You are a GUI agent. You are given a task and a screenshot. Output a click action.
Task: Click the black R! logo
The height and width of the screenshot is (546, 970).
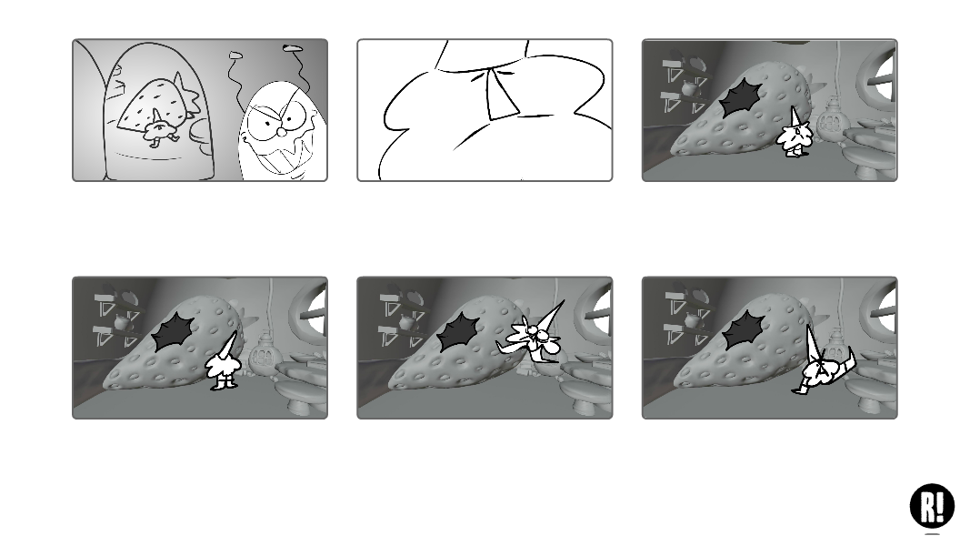[x=932, y=505]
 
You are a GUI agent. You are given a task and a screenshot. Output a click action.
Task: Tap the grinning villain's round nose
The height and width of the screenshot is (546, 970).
[x=282, y=132]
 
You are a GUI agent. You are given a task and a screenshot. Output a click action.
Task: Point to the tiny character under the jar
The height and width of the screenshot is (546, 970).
[x=159, y=131]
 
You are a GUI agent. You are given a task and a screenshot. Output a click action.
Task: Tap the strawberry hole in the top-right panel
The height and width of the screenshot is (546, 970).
[x=743, y=97]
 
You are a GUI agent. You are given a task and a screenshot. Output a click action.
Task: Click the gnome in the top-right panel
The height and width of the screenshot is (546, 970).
[x=794, y=133]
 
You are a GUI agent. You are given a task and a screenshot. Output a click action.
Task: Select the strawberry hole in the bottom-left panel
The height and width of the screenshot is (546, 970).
[x=174, y=332]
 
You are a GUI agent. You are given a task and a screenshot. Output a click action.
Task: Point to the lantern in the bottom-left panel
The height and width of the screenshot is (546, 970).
[x=263, y=357]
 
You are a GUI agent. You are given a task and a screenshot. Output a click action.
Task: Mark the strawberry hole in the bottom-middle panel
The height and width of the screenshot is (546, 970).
[x=458, y=332]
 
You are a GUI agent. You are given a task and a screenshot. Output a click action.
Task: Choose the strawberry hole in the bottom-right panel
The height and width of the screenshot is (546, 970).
[x=744, y=331]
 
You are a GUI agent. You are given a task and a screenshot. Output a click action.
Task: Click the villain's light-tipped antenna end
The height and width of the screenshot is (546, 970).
[x=235, y=56]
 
